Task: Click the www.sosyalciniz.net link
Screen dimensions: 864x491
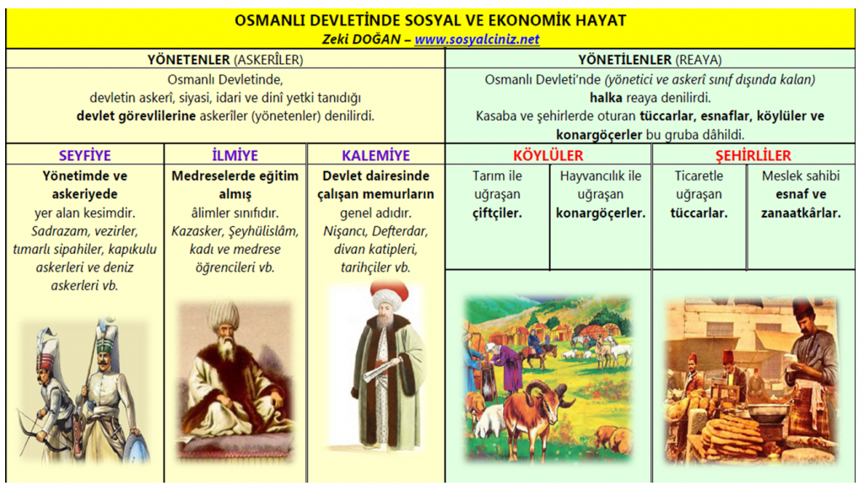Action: (x=477, y=39)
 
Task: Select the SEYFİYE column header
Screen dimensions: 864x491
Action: (x=85, y=155)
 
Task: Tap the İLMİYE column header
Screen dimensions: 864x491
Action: (x=235, y=155)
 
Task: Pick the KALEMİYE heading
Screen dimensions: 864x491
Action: (x=375, y=155)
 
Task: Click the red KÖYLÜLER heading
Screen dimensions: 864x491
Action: (x=548, y=155)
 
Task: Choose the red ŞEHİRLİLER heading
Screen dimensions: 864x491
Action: (x=753, y=155)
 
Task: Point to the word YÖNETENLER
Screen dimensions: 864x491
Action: (x=188, y=60)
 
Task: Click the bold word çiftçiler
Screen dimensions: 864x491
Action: (x=497, y=213)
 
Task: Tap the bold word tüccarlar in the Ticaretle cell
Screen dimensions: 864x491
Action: (x=699, y=213)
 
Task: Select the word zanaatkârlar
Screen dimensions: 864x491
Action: (x=801, y=213)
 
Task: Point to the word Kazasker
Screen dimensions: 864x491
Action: (x=196, y=231)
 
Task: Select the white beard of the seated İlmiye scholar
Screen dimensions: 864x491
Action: (x=226, y=348)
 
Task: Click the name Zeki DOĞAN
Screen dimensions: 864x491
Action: (x=361, y=39)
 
